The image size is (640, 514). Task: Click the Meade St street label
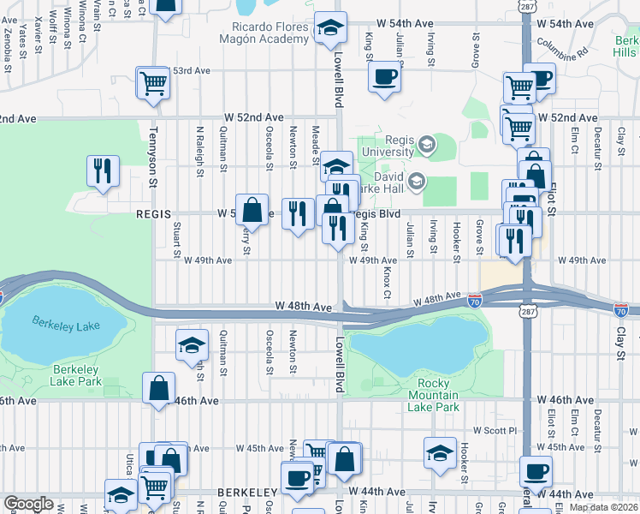(317, 139)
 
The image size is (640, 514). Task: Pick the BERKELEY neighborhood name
(245, 493)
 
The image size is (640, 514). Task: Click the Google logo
(28, 504)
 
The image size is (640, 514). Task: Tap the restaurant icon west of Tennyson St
(103, 169)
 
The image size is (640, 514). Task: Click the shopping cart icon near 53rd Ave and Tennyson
(153, 83)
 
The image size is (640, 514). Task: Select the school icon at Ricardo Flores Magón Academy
(329, 28)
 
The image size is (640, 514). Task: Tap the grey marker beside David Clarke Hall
(417, 180)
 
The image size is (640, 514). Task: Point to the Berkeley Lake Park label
(76, 374)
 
